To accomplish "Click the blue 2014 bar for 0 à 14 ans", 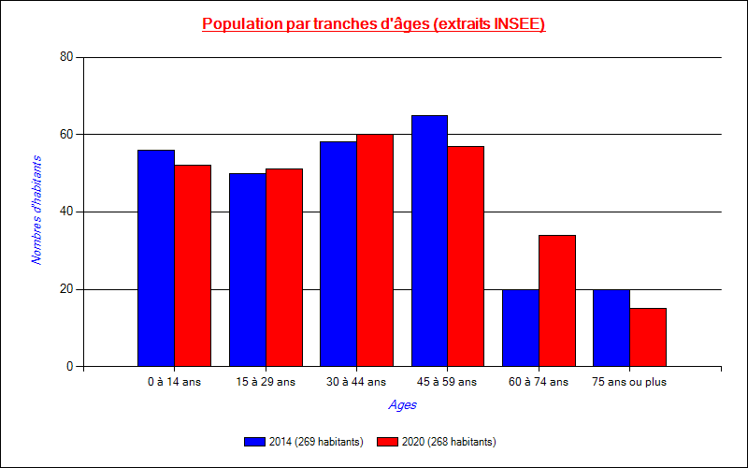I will [156, 258].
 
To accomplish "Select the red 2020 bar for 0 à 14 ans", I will [193, 266].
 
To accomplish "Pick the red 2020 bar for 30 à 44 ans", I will [375, 251].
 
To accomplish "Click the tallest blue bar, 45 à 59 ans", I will [430, 241].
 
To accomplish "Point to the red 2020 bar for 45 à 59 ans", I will [467, 256].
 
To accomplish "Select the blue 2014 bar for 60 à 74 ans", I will [521, 328].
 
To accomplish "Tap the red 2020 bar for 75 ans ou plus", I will [648, 337].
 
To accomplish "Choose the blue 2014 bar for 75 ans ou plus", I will [611, 328].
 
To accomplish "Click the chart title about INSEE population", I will [374, 24].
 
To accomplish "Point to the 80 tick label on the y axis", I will [65, 57].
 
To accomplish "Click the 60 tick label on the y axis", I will [65, 135].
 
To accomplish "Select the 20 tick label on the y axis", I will [65, 289].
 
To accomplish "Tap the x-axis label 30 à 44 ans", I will [356, 382].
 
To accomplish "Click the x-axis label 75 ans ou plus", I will [629, 382].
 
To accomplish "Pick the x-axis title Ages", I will [403, 405].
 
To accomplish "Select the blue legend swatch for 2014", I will [254, 442].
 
